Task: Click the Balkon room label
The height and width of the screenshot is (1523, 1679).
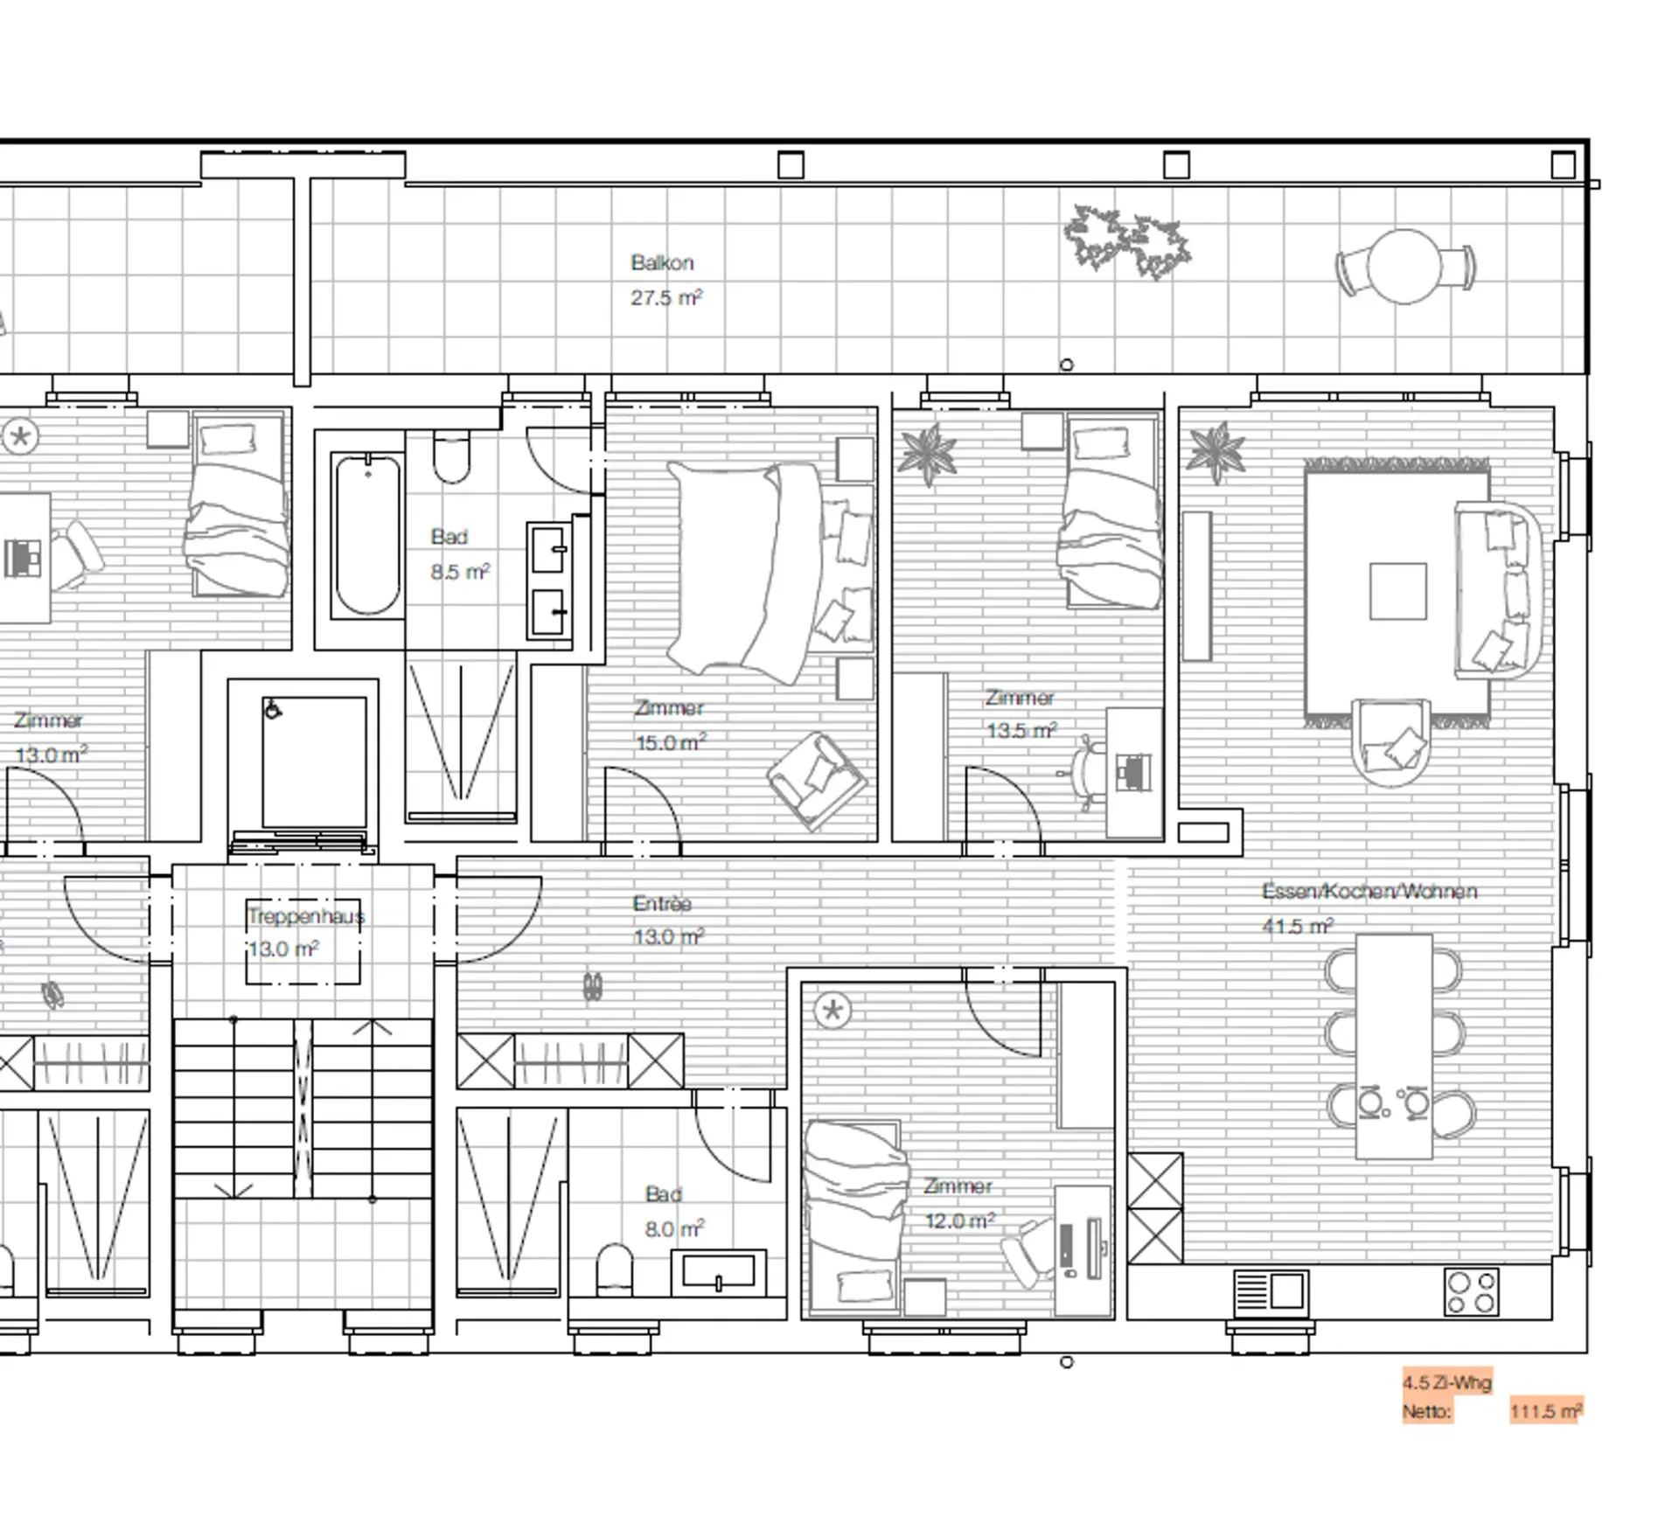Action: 662,262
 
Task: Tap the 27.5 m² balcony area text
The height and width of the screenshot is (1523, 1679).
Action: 666,297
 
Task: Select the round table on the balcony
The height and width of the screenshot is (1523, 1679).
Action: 1404,267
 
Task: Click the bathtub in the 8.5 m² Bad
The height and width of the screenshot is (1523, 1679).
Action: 368,534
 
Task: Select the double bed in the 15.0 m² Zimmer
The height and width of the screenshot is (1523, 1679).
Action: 770,573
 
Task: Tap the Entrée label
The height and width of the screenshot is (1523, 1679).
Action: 662,903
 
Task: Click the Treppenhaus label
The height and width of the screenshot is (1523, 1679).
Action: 305,916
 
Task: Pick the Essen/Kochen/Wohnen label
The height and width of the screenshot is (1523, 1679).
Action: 1369,891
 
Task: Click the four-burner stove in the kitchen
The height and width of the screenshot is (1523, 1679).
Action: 1471,1292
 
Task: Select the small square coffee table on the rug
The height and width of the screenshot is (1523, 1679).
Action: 1398,591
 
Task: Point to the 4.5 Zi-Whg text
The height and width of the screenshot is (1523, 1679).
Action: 1447,1382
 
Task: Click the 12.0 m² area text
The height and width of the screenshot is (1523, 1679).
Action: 960,1220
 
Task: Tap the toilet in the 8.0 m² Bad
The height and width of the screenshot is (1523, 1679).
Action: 615,1269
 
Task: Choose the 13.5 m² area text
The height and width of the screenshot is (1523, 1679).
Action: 1022,730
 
